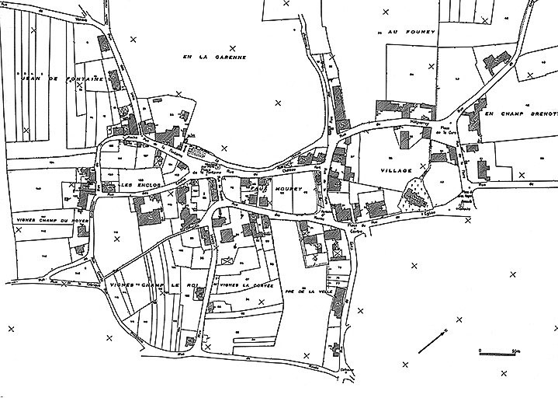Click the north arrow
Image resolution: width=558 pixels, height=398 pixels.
click(433, 339)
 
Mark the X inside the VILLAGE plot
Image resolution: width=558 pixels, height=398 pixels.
click(422, 166)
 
